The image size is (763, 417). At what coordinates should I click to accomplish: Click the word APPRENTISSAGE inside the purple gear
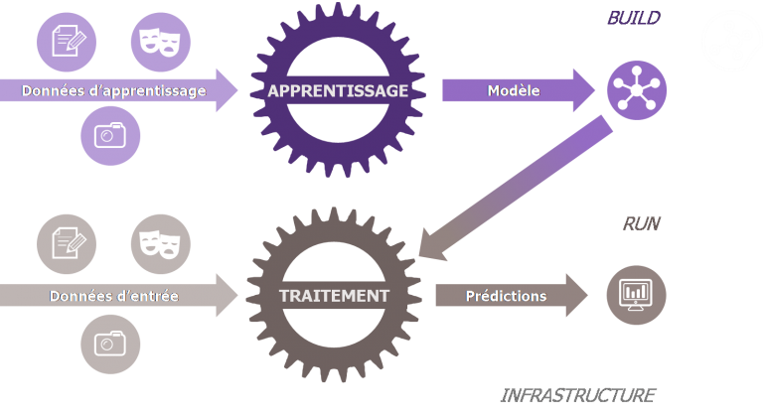pyautogui.click(x=338, y=91)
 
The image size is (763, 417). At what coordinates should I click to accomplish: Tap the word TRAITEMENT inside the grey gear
pyautogui.click(x=334, y=296)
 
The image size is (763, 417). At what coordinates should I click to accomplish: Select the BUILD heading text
pyautogui.click(x=633, y=18)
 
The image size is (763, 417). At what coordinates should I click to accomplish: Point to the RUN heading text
pyautogui.click(x=641, y=224)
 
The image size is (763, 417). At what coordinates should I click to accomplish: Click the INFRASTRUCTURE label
pyautogui.click(x=577, y=395)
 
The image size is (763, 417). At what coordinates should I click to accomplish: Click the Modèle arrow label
pyautogui.click(x=514, y=91)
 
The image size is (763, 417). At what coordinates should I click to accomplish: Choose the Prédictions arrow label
pyautogui.click(x=506, y=296)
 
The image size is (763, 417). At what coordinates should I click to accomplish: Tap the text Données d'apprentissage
pyautogui.click(x=114, y=91)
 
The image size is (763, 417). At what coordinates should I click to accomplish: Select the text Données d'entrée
pyautogui.click(x=113, y=296)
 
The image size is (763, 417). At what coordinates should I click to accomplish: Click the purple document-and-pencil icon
pyautogui.click(x=67, y=40)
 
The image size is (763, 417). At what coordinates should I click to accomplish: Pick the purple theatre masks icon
pyautogui.click(x=161, y=40)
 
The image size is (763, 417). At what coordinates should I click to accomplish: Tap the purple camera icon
pyautogui.click(x=110, y=134)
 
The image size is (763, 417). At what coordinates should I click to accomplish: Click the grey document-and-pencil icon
pyautogui.click(x=67, y=242)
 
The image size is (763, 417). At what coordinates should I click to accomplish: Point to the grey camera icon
pyautogui.click(x=110, y=344)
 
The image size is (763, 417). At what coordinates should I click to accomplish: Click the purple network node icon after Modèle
pyautogui.click(x=637, y=91)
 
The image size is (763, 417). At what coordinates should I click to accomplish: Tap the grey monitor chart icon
pyautogui.click(x=637, y=295)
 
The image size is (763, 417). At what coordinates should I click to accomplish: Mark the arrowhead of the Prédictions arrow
pyautogui.click(x=577, y=296)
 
